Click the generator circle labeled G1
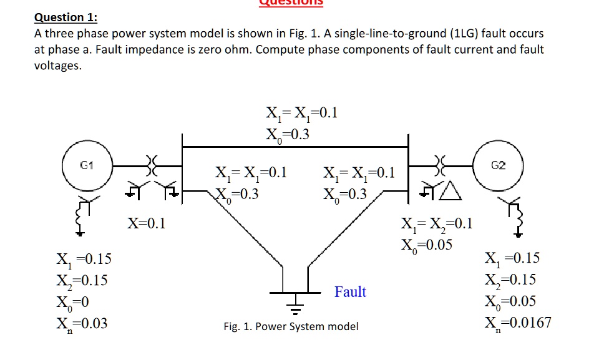[x=87, y=167]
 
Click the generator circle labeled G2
[x=498, y=167]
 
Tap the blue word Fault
[x=350, y=291]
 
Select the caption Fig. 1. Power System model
[x=291, y=326]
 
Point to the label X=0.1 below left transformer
[x=147, y=223]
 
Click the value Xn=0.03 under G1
[x=82, y=323]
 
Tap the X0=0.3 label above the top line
[x=288, y=134]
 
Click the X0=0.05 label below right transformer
[x=427, y=244]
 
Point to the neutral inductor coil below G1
[x=80, y=215]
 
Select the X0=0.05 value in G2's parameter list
[x=510, y=301]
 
